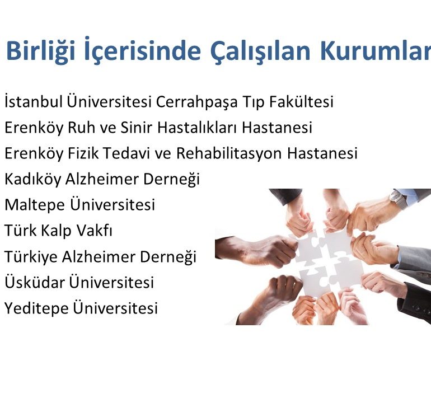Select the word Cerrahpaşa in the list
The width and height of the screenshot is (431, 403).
point(196,102)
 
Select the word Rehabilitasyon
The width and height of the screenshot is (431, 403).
point(229,153)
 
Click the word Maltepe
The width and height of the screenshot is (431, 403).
point(35,205)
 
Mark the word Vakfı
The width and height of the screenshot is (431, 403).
point(94,230)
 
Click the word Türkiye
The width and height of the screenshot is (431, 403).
point(31,256)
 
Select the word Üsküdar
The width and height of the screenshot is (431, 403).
point(35,282)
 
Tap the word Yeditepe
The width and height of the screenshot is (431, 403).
point(36,308)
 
